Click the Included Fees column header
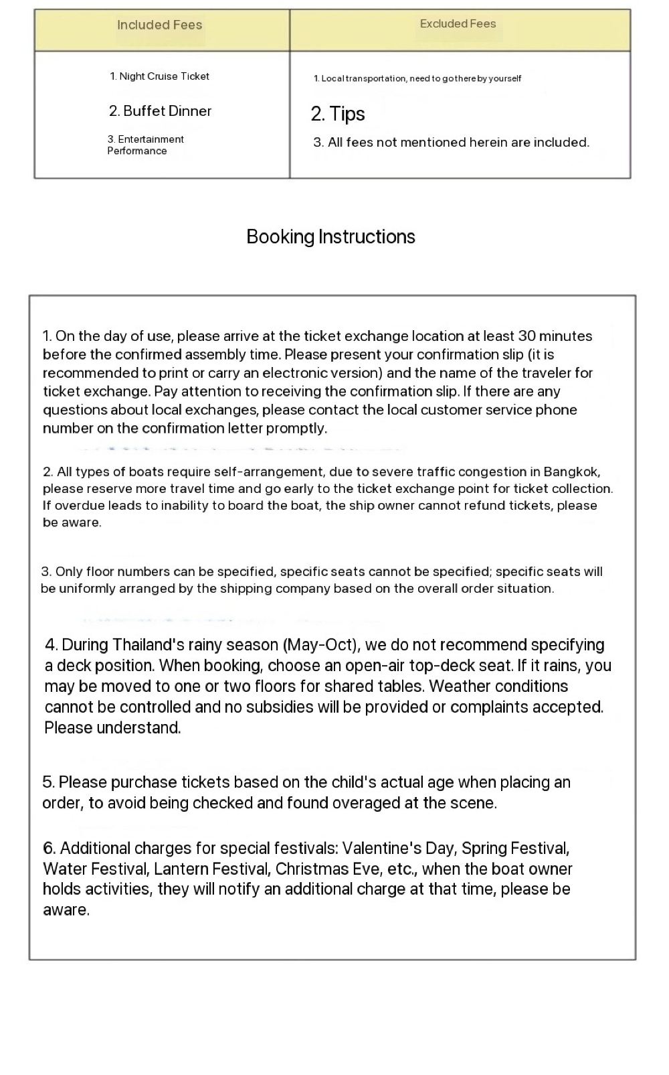coord(159,25)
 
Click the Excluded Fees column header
coord(458,24)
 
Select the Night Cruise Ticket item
coord(159,76)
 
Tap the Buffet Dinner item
coord(160,111)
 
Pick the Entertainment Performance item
coord(145,145)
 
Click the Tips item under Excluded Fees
coord(338,114)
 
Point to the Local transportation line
coord(417,78)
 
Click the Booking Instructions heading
coord(330,236)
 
